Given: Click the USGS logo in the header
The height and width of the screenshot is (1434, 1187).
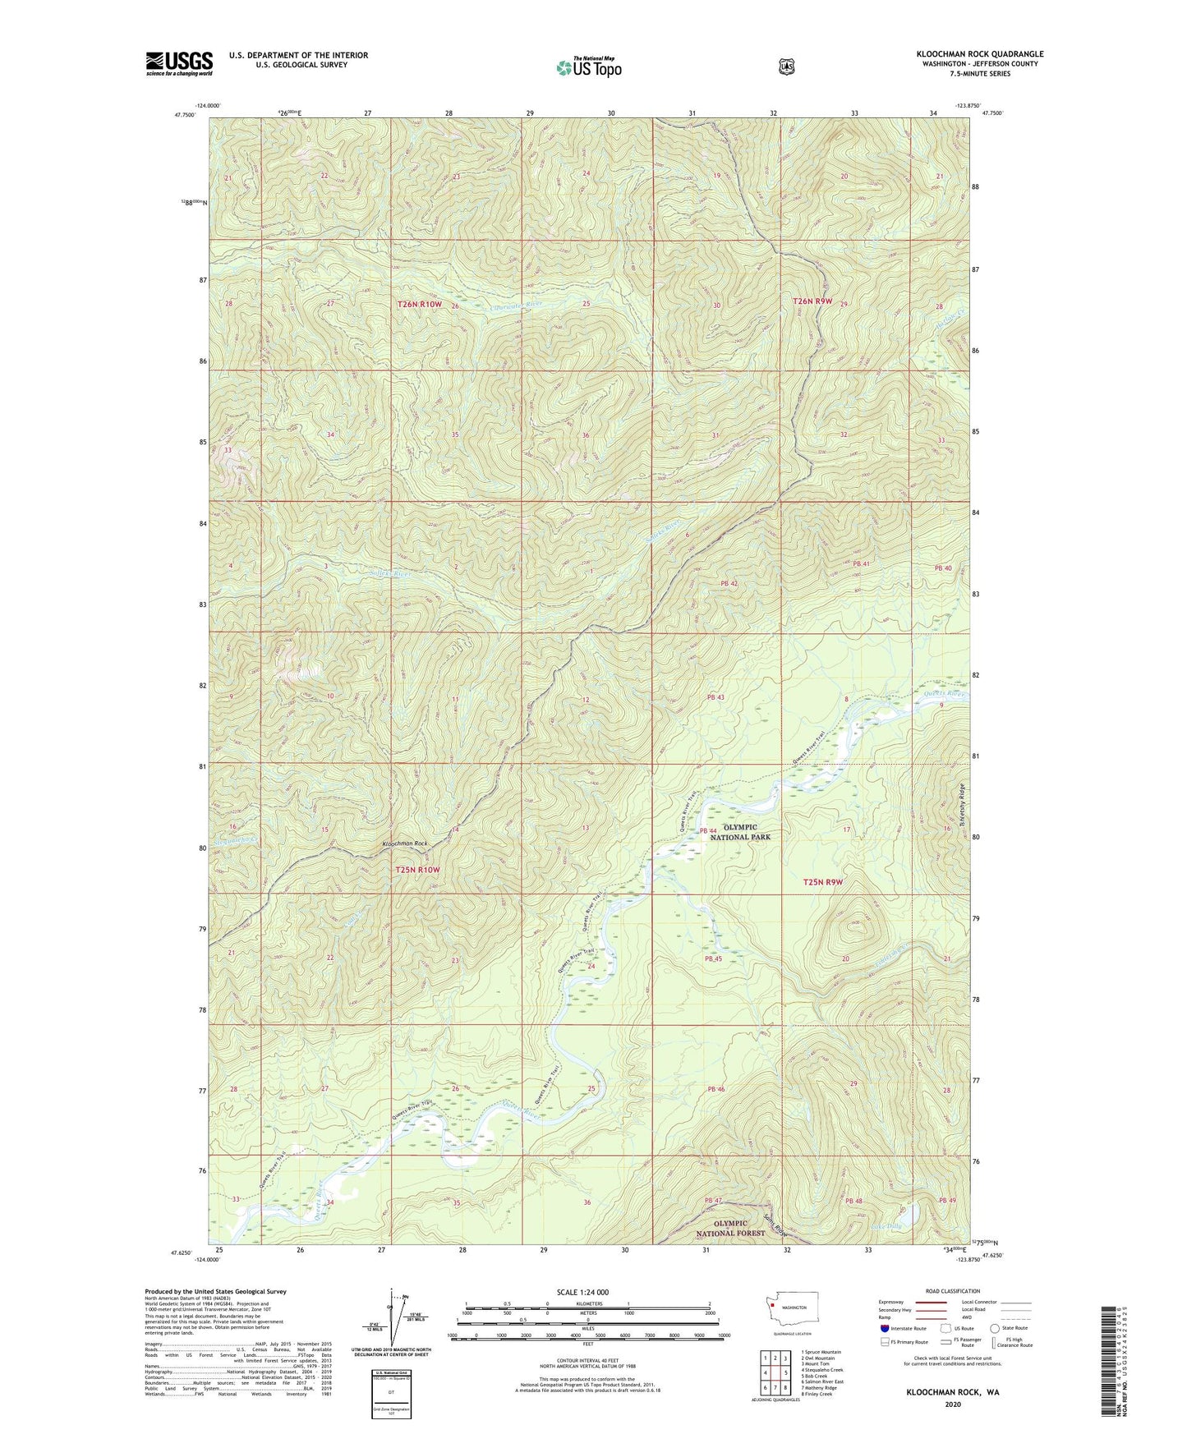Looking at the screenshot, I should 179,62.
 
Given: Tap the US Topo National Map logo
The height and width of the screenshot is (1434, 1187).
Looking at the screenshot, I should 588,67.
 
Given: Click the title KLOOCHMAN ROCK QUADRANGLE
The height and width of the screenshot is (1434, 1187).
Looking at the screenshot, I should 980,54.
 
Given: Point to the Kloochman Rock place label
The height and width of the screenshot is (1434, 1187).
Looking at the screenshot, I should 405,843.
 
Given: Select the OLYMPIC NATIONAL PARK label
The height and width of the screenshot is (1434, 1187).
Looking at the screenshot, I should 740,831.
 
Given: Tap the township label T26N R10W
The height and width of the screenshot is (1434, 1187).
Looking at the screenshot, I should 420,305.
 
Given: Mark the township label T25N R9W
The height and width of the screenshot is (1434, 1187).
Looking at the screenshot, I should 823,882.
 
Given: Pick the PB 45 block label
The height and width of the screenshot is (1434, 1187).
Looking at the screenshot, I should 712,958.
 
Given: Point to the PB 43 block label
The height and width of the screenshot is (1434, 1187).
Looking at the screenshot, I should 715,697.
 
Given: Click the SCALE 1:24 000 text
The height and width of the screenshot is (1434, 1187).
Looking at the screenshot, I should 582,1292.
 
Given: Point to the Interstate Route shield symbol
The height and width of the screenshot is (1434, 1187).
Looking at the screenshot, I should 884,1327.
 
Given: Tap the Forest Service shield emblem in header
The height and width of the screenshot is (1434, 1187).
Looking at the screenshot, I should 786,67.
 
